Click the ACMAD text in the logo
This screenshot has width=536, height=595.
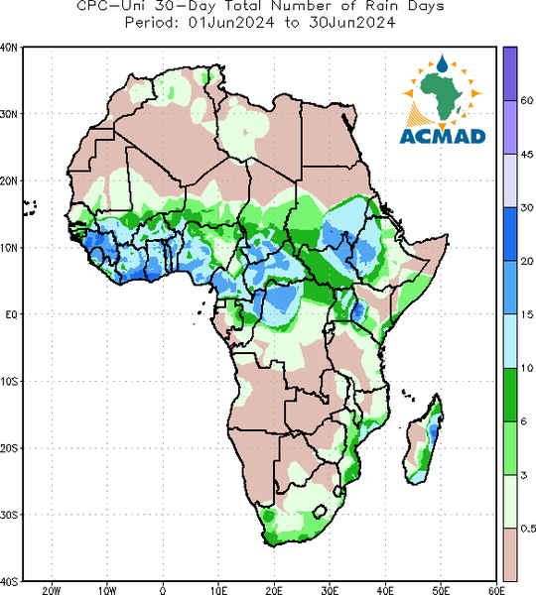point(443,136)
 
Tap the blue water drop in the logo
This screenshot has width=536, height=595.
point(442,63)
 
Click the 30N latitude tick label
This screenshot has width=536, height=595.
point(9,114)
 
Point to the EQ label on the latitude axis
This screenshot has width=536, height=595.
point(11,314)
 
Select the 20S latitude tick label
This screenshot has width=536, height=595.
point(9,448)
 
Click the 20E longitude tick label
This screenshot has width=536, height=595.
point(274,590)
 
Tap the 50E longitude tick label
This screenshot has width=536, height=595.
point(441,590)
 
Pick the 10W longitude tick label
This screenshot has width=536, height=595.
point(107,590)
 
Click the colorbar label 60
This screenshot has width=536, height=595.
point(527,100)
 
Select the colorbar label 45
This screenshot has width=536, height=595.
point(527,155)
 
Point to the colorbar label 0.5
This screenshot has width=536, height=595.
point(528,529)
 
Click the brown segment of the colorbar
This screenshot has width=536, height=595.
point(510,554)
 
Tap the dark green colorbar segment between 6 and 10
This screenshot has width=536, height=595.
point(510,395)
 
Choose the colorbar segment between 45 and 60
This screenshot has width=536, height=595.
point(510,127)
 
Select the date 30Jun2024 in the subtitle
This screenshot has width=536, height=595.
point(351,23)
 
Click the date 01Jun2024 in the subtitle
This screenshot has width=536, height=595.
point(231,23)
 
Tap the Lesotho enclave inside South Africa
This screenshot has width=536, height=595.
point(320,512)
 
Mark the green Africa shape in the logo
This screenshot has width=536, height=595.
point(441,95)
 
